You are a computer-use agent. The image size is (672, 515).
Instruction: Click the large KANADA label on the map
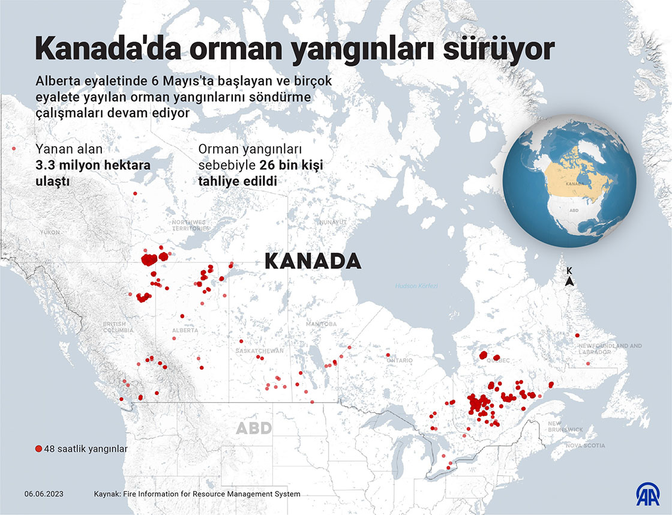(313, 261)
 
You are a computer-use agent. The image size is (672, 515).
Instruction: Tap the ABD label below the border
(254, 428)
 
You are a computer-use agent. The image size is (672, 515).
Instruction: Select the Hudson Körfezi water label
(416, 286)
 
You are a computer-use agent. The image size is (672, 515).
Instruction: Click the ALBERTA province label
(185, 331)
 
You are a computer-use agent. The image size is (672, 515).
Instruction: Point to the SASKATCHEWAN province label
(260, 351)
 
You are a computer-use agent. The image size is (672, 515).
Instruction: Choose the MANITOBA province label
(321, 324)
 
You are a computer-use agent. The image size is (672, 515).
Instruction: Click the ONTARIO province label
(400, 360)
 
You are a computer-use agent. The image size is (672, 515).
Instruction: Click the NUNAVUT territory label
(333, 222)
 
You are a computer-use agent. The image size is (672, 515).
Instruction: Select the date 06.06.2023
(44, 494)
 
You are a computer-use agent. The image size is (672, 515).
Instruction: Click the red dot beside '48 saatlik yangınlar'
(38, 448)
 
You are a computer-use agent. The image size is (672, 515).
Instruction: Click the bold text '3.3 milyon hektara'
(92, 164)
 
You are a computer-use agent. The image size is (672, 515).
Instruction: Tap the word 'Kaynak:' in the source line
(108, 494)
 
